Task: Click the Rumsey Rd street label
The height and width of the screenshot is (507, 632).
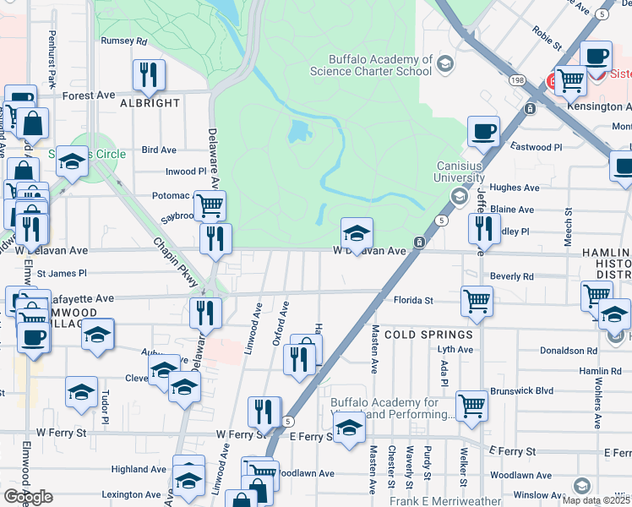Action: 123,41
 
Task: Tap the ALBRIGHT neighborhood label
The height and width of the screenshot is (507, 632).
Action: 150,103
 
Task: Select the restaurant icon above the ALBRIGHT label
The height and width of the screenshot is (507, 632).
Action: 149,75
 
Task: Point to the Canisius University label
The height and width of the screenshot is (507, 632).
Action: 460,172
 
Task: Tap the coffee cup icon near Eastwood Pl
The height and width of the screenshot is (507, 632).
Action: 483,131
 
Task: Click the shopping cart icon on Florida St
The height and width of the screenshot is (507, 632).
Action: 477,300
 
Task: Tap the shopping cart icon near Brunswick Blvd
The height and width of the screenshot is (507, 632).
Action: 471,405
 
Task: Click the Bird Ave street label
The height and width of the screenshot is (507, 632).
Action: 159,150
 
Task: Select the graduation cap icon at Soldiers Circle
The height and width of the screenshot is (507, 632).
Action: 73,161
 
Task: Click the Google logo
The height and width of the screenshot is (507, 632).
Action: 28,497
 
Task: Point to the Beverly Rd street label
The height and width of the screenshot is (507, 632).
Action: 511,276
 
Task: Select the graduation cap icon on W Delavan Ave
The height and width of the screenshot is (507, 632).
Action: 357,232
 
